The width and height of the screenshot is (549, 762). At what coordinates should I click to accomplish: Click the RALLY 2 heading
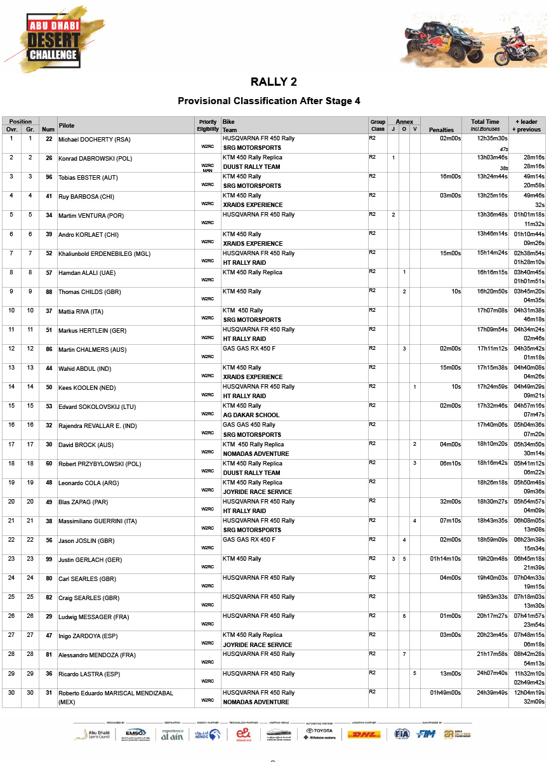click(x=274, y=82)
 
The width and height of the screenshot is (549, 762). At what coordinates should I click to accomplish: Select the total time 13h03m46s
click(x=492, y=157)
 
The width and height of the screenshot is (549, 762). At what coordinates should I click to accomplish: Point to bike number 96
click(x=48, y=177)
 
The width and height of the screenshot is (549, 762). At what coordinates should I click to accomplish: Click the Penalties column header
click(x=441, y=130)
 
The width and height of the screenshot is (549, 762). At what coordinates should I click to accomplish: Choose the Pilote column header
click(x=67, y=126)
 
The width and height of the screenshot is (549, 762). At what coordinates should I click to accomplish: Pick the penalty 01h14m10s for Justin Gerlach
click(x=446, y=559)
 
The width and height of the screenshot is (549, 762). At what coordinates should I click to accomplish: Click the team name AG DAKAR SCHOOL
click(x=251, y=415)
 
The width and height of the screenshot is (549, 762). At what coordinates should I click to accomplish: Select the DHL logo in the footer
click(x=364, y=735)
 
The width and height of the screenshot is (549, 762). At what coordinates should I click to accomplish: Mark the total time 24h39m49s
click(x=492, y=693)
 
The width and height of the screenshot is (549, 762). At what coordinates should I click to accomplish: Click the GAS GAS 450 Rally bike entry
click(x=249, y=425)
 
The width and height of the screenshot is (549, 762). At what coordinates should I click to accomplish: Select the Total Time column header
click(x=485, y=122)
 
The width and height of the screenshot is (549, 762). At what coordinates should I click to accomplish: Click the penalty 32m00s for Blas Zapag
click(x=450, y=502)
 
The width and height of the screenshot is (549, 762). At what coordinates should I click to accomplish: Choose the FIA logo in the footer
click(x=401, y=734)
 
